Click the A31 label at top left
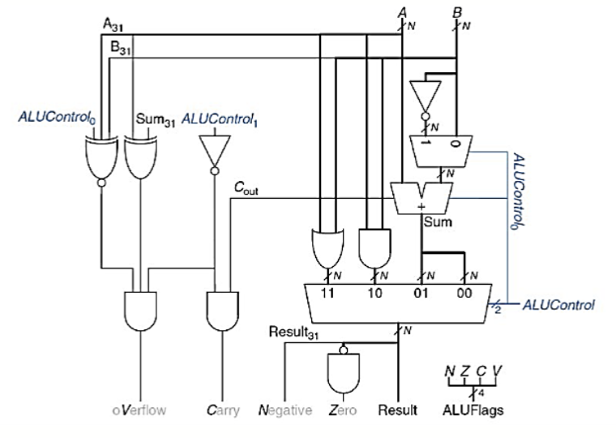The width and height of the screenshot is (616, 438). (113, 24)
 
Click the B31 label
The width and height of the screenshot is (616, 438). (120, 48)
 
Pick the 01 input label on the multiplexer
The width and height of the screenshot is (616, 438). (421, 293)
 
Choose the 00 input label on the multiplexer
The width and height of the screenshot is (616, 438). (464, 293)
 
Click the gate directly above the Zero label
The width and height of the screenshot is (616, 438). (343, 373)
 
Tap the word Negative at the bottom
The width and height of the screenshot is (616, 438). (284, 410)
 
